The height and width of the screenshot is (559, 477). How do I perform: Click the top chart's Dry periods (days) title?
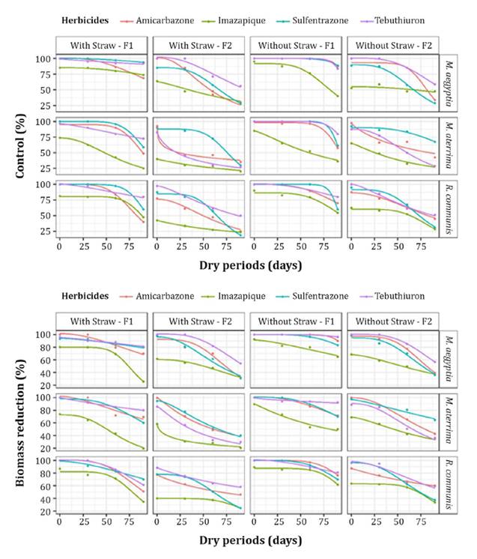[x=251, y=265]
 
